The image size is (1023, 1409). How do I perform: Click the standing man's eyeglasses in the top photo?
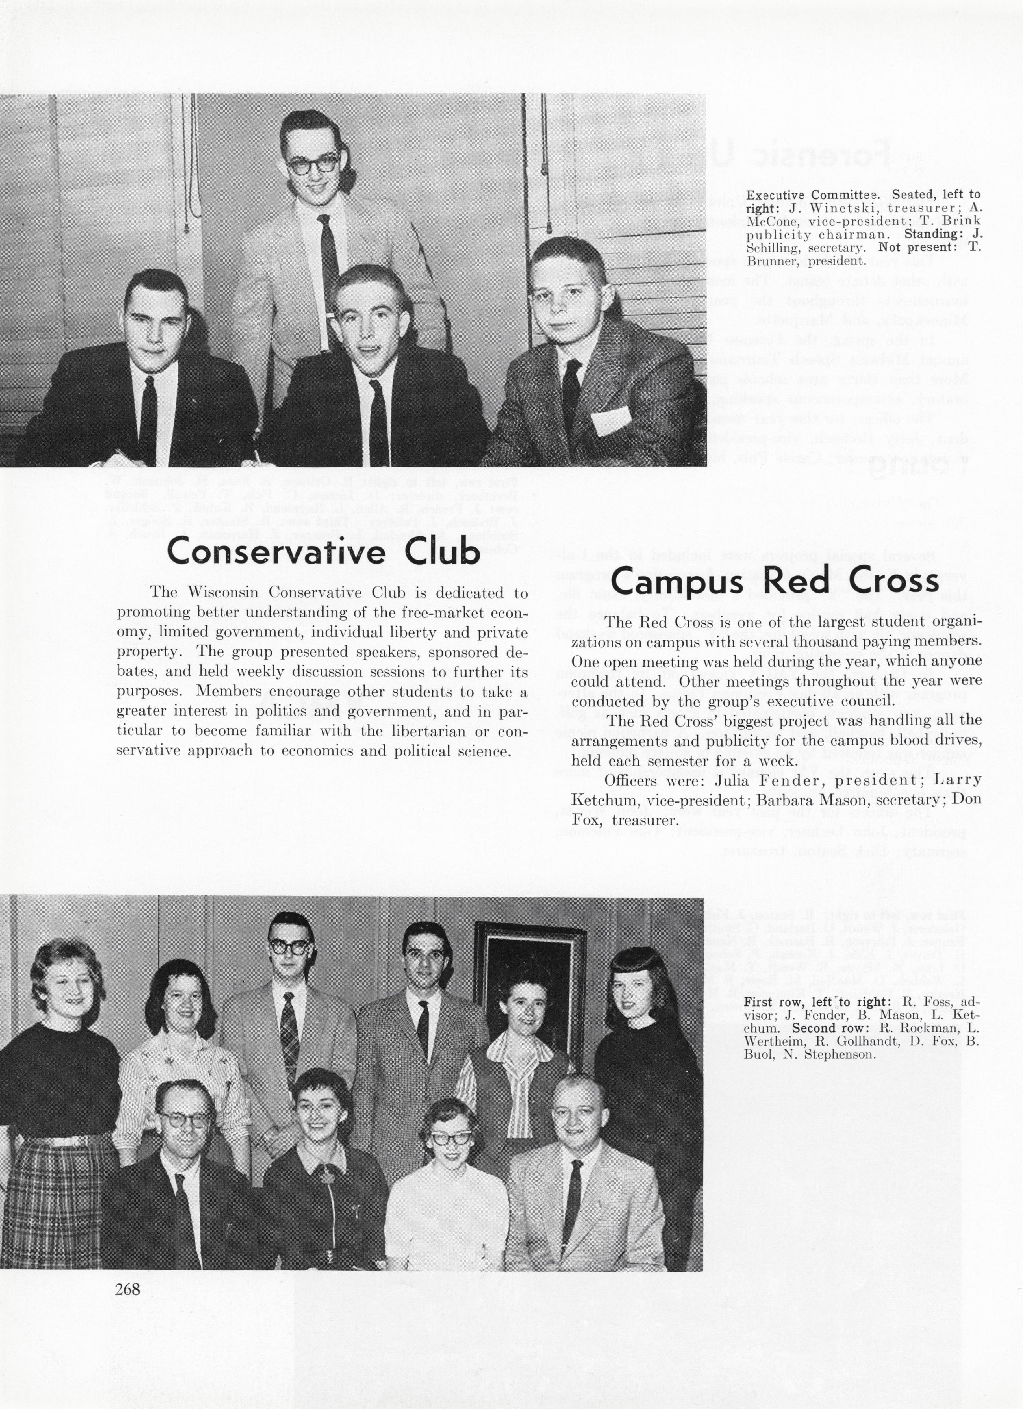click(312, 165)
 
